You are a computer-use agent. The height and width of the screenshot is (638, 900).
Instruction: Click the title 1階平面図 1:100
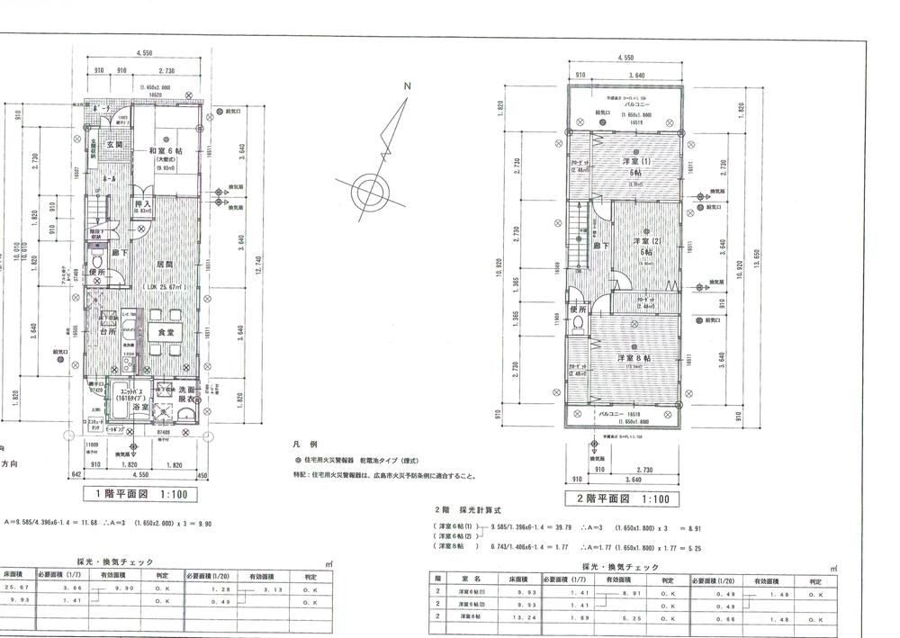[x=135, y=494]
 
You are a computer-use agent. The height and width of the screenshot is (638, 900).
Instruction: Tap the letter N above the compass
[x=408, y=86]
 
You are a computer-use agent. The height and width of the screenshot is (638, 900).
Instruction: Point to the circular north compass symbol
[x=368, y=192]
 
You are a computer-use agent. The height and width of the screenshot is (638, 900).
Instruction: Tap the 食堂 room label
[x=166, y=332]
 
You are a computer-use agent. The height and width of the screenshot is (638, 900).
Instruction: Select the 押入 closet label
[x=142, y=205]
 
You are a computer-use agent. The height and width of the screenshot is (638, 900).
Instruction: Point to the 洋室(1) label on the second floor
[x=637, y=160]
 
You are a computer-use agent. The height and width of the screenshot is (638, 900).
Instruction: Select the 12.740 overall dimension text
[x=259, y=261]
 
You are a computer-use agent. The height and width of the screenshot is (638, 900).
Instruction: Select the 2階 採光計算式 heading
[x=462, y=508]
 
